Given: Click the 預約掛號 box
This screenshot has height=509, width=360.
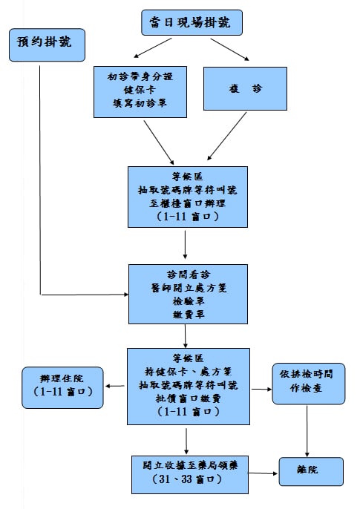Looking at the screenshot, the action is point(47,45).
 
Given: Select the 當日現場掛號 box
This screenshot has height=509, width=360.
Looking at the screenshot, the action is point(192,22).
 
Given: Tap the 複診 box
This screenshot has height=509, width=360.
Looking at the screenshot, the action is point(245,88).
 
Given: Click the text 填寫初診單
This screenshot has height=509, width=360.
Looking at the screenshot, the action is point(140,104).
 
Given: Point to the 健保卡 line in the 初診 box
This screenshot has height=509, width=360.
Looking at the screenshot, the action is point(140,90).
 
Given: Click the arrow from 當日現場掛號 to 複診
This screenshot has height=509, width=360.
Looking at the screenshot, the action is point(230,49).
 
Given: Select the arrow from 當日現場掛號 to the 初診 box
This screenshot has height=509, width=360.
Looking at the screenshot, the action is point(153,47).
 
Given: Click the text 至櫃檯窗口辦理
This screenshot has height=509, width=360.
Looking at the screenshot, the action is point(188,203).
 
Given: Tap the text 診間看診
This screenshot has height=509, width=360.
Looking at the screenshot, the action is point(189,275).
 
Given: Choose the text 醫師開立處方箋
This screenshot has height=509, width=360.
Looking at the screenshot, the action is point(189,288).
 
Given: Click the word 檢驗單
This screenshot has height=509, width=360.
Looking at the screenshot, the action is point(189,301).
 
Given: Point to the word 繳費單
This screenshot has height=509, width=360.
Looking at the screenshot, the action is point(189,315).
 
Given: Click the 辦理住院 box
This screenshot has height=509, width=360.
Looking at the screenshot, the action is point(62,387).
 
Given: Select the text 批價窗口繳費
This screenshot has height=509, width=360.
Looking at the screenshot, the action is point(189,398).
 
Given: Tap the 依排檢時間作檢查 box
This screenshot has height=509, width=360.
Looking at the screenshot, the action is point(308,384).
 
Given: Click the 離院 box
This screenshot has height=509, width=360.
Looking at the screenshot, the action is point(311,471).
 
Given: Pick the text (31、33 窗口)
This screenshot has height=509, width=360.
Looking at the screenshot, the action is point(187,479).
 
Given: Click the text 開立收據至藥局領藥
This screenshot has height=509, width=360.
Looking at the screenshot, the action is point(190,466).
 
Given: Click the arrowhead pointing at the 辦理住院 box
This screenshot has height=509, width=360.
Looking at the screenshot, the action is point(108,387).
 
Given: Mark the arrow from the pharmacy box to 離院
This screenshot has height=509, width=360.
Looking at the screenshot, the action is point(263,473).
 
